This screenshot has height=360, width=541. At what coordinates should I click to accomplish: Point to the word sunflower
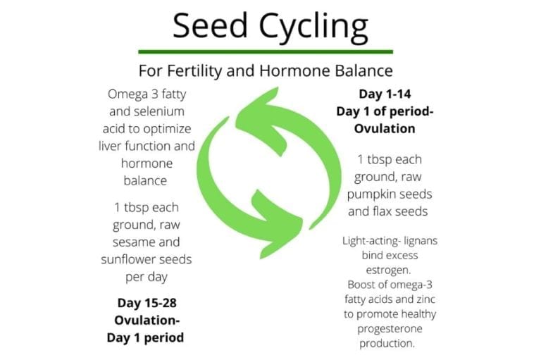click(x=130, y=259)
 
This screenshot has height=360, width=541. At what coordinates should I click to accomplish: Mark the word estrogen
click(x=386, y=268)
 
